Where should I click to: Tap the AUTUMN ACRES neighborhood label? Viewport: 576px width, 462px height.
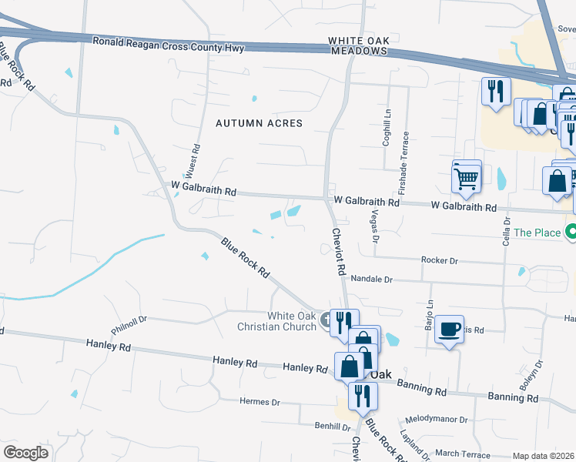click(x=254, y=123)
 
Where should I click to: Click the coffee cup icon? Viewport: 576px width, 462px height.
click(x=449, y=330)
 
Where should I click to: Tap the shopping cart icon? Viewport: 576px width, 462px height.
click(x=467, y=178)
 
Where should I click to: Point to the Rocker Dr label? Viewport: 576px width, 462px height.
click(x=440, y=261)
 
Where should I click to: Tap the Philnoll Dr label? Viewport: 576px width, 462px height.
click(x=128, y=318)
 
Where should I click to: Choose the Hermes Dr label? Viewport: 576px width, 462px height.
click(x=260, y=402)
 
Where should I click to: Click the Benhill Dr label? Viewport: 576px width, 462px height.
click(x=332, y=426)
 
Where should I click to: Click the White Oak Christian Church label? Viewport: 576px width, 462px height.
click(x=292, y=321)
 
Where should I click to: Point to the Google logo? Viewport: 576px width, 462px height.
click(x=25, y=453)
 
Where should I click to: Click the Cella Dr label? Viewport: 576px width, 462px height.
click(x=507, y=231)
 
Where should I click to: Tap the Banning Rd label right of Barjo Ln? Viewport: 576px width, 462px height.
click(x=513, y=398)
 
